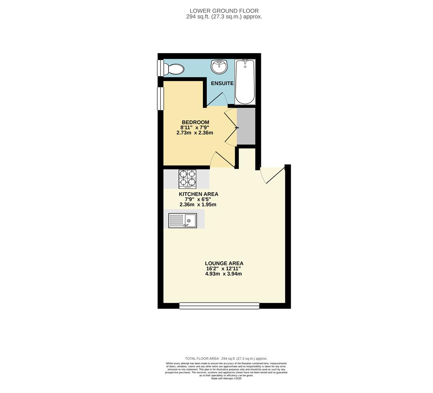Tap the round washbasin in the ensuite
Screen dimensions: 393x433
click(x=219, y=66)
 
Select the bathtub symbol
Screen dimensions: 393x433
click(x=245, y=82)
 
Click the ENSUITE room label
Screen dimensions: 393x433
click(x=222, y=83)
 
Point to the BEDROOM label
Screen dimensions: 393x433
click(x=195, y=122)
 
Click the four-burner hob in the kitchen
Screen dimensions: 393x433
click(x=187, y=179)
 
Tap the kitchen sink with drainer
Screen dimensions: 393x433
click(x=182, y=221)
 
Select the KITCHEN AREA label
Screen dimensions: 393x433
click(x=198, y=194)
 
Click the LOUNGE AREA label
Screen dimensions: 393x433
click(x=224, y=263)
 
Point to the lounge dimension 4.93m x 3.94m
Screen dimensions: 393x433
click(x=223, y=274)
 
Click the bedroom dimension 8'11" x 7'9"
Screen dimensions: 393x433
click(x=195, y=127)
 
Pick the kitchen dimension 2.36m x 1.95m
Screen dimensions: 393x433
click(x=198, y=205)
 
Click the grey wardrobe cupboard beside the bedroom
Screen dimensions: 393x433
click(x=246, y=126)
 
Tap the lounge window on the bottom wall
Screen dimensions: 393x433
click(x=219, y=306)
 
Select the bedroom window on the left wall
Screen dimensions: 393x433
click(x=160, y=98)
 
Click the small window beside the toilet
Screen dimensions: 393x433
click(x=160, y=68)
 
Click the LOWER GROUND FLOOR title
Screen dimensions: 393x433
click(x=224, y=11)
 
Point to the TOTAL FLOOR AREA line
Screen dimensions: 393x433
click(x=226, y=358)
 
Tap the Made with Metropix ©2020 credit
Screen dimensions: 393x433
click(x=226, y=378)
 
